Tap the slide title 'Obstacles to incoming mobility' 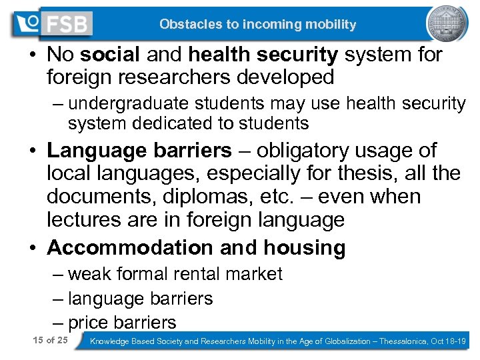(x=257, y=25)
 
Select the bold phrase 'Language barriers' (x=139, y=151)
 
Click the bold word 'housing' (x=304, y=247)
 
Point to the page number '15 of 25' (x=50, y=341)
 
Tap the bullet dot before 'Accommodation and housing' (x=33, y=249)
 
